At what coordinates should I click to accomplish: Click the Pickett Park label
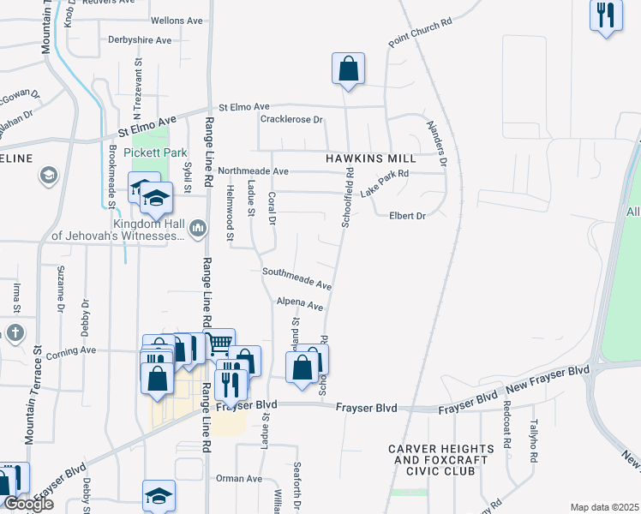tap(155, 152)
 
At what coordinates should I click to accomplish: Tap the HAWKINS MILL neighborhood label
tap(370, 158)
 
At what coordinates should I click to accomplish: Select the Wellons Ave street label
tap(176, 20)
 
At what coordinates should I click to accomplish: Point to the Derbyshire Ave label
tap(140, 39)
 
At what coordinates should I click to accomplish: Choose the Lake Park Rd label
tap(384, 183)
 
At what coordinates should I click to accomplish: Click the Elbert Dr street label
tap(407, 216)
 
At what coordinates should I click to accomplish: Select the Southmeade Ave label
tap(297, 278)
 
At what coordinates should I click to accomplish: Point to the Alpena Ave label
tap(299, 304)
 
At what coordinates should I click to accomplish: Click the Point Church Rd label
tap(419, 32)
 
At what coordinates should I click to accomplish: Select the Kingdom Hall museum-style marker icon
tap(198, 227)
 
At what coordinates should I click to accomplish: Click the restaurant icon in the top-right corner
tap(605, 15)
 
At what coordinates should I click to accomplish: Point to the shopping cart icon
tap(219, 344)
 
